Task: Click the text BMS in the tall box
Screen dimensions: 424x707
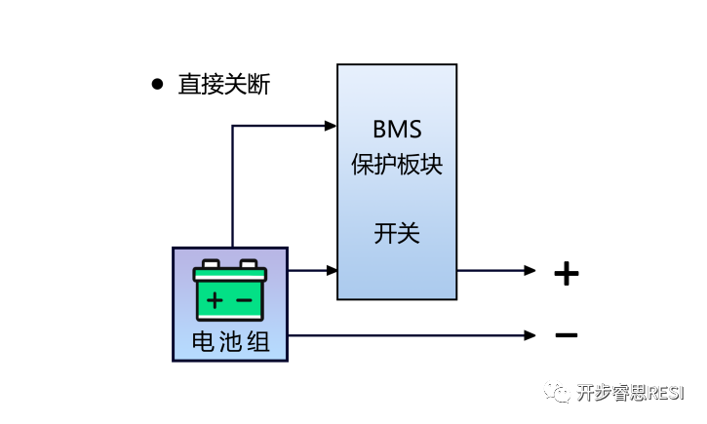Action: pos(396,130)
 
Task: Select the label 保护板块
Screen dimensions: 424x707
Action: pos(396,164)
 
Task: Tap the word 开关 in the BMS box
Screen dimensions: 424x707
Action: pos(396,234)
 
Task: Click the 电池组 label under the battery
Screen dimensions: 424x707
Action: pos(230,343)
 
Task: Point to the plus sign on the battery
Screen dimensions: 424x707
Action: pos(215,297)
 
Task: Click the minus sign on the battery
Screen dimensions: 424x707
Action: pos(245,297)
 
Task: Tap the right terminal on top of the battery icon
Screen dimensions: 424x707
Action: pos(249,264)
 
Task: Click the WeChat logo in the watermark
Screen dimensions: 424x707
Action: pos(558,392)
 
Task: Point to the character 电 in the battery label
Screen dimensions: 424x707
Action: pos(203,343)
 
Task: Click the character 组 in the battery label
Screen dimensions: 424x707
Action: pos(258,343)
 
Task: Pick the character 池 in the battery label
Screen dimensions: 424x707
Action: pos(230,343)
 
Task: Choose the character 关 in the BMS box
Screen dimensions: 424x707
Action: pos(409,234)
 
